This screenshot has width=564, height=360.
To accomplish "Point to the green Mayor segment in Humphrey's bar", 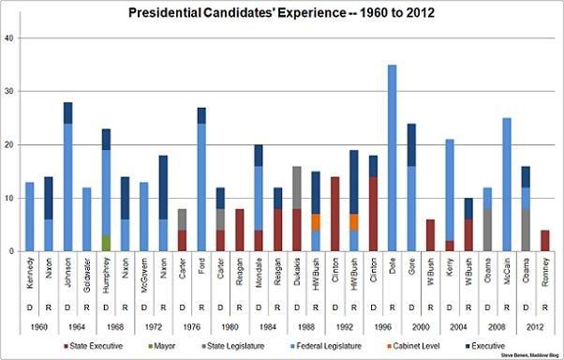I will pyautogui.click(x=105, y=243).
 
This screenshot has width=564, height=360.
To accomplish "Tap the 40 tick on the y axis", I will pyautogui.click(x=10, y=37).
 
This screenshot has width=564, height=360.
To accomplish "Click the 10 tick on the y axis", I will pyautogui.click(x=10, y=198).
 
